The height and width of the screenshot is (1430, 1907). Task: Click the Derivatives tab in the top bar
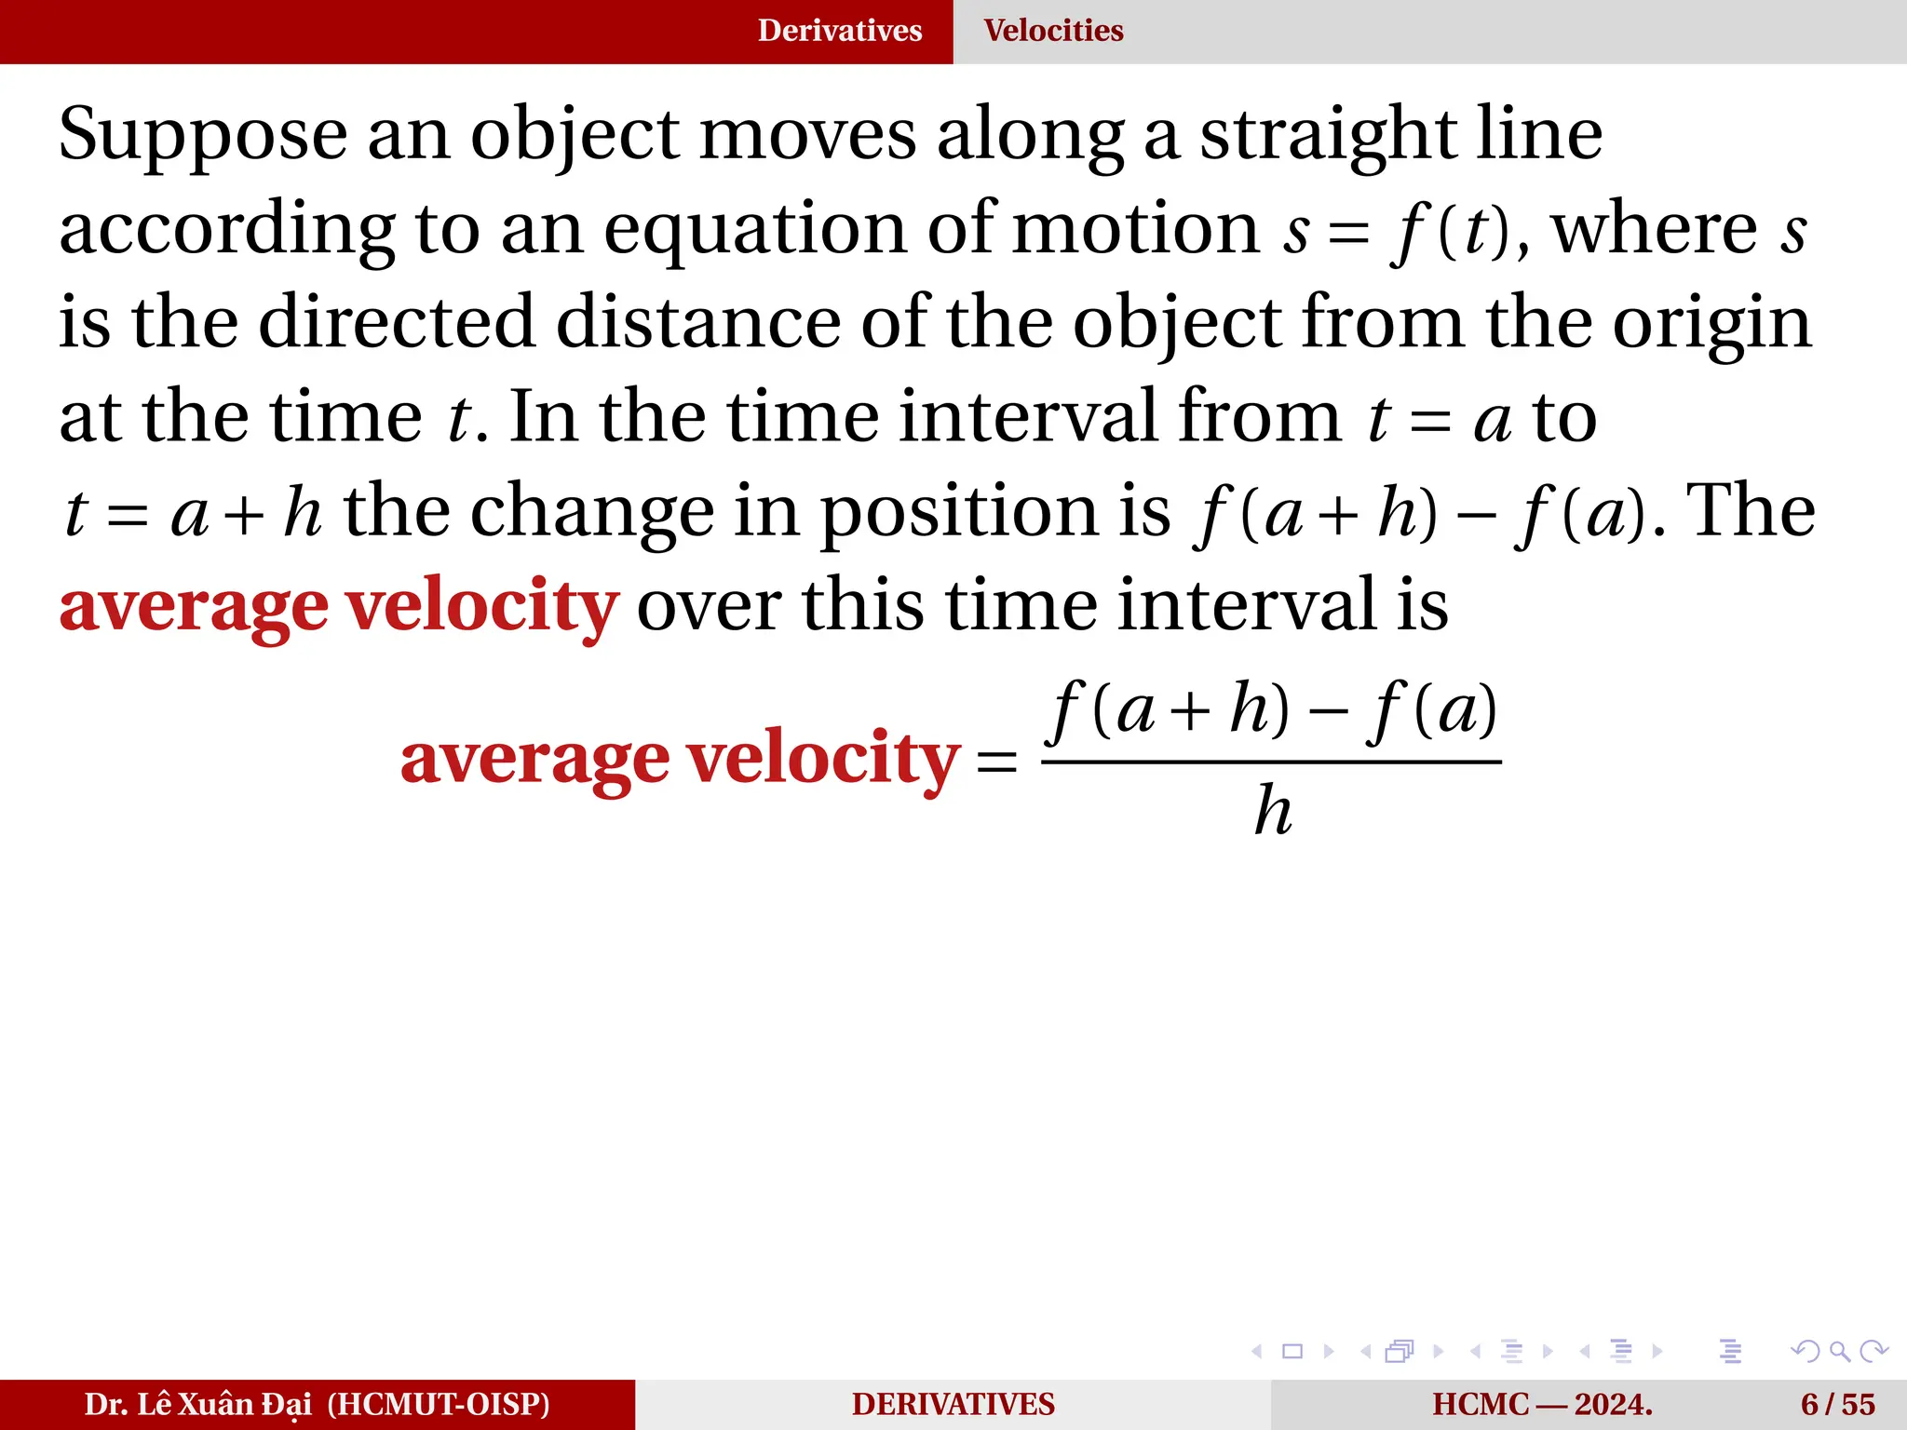tap(839, 31)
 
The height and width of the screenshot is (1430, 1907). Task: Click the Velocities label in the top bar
tap(1053, 31)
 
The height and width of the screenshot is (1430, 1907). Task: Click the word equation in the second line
tap(754, 231)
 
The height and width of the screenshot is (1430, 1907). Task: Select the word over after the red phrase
tap(709, 606)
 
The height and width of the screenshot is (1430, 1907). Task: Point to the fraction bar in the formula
tap(1271, 762)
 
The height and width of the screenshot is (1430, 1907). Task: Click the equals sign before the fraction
tap(996, 762)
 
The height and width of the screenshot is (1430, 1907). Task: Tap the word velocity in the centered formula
tap(823, 760)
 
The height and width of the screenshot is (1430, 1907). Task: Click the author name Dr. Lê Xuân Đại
tap(197, 1405)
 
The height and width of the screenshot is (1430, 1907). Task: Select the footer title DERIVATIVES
tap(953, 1405)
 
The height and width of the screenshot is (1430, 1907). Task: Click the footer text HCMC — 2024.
tap(1542, 1405)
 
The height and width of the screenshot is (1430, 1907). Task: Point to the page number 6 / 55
tap(1837, 1405)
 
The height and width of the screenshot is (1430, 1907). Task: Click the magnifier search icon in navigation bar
tap(1839, 1351)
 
